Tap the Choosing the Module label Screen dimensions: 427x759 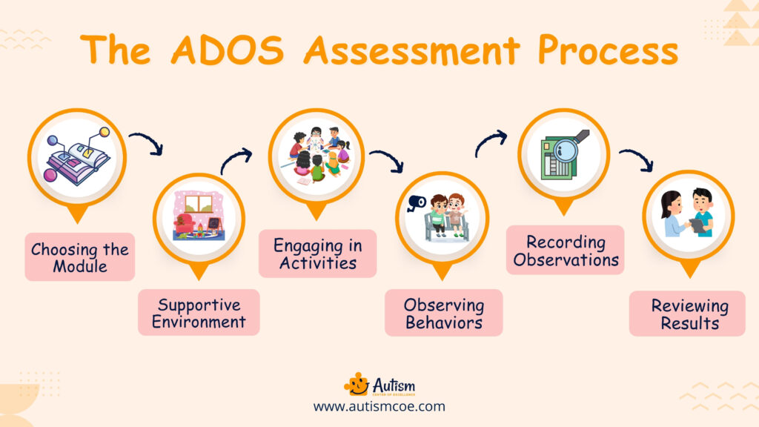click(x=80, y=257)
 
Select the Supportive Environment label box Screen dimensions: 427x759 click(x=199, y=313)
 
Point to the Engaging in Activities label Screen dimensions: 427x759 click(x=317, y=254)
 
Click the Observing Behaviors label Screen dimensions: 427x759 click(x=443, y=313)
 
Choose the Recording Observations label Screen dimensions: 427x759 click(x=566, y=251)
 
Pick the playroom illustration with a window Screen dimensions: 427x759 click(x=199, y=216)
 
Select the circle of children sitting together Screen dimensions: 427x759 click(x=317, y=154)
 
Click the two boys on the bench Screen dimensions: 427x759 click(x=448, y=215)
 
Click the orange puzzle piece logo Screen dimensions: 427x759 click(x=357, y=384)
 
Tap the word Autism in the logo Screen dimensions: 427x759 click(x=394, y=384)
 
